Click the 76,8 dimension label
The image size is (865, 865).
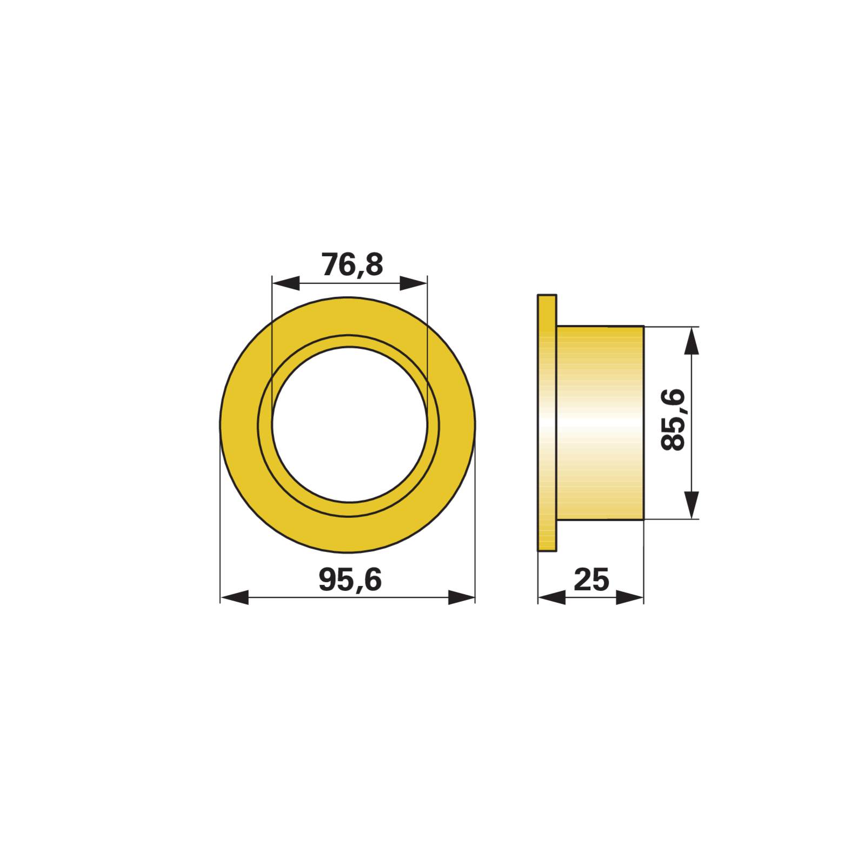pos(352,265)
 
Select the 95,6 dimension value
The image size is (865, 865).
pos(350,580)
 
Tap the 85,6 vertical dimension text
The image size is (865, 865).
pos(673,419)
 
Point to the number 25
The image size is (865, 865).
pos(591,580)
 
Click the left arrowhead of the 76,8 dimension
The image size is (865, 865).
pos(286,283)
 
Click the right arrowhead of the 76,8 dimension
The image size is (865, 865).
pos(414,283)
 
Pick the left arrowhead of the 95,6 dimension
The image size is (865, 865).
pos(235,597)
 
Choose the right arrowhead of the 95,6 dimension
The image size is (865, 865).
pos(461,597)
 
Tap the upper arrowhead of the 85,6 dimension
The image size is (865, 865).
pos(691,341)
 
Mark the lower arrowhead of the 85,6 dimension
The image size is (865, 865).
pos(691,505)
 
